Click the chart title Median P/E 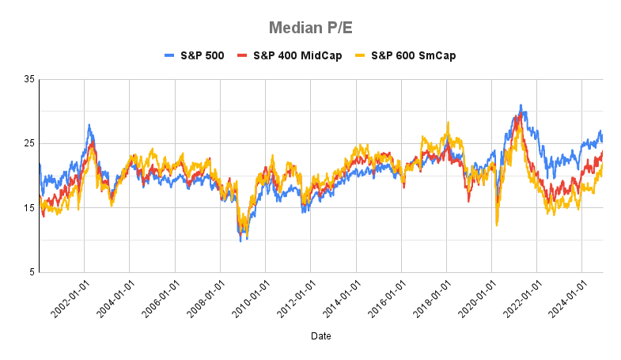(x=310, y=28)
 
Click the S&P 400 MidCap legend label (x=297, y=55)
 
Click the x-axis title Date (x=321, y=336)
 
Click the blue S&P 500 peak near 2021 (x=521, y=104)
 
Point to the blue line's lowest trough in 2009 (x=240, y=241)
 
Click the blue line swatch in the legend (x=170, y=55)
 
